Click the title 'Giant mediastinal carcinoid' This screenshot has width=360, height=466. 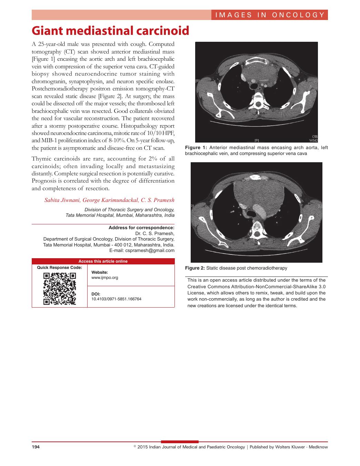click(x=110, y=31)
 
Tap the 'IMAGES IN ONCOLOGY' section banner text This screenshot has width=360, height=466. click(x=270, y=15)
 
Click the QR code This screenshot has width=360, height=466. click(x=60, y=289)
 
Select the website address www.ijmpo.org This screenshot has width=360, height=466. click(x=105, y=278)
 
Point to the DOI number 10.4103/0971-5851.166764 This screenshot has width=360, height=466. click(x=116, y=299)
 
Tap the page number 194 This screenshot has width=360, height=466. click(x=36, y=447)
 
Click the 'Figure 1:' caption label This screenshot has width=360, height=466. click(x=196, y=148)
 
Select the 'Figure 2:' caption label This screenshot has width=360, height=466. click(x=195, y=268)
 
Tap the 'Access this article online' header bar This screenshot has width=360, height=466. click(x=103, y=261)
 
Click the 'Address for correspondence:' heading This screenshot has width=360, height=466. click(x=141, y=228)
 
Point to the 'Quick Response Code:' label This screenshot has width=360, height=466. click(x=60, y=268)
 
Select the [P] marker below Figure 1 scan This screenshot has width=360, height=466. click(x=257, y=140)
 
